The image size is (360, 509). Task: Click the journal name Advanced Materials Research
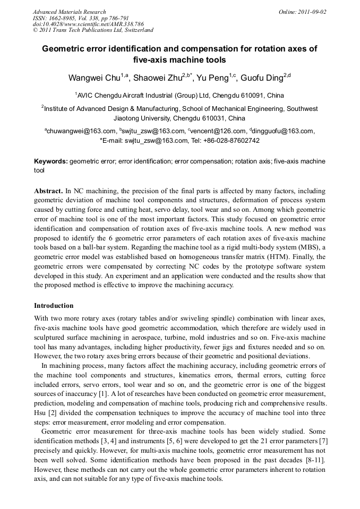69,12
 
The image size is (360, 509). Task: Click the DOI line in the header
88,24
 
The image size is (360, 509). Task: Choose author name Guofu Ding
261,78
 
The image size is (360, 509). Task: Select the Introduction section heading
54,306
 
